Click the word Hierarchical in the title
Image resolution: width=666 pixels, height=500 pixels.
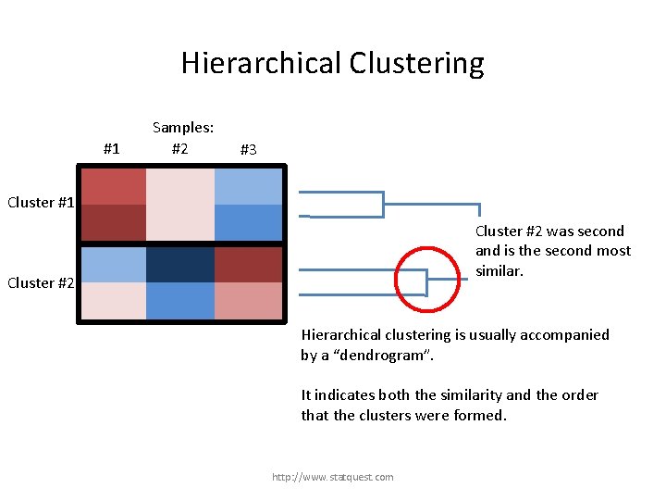(x=262, y=64)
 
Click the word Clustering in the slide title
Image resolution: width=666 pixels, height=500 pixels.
(x=416, y=64)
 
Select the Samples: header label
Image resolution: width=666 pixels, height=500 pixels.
(x=183, y=128)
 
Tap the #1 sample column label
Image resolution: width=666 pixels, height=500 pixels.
(x=112, y=148)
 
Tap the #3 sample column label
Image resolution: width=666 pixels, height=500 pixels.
(x=248, y=150)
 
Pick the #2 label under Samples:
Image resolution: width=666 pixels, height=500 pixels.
(x=180, y=148)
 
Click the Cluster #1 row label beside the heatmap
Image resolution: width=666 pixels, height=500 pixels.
(x=40, y=203)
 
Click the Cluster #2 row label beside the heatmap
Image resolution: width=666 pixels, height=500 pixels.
(x=40, y=283)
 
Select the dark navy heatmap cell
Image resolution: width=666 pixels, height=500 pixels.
(x=180, y=264)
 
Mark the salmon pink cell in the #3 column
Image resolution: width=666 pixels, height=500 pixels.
(x=248, y=301)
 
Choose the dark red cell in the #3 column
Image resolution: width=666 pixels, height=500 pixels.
(x=248, y=264)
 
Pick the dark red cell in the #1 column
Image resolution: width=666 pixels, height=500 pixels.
(x=113, y=222)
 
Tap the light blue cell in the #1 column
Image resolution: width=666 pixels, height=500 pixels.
(x=113, y=264)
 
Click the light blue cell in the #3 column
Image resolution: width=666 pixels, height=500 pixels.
(x=248, y=185)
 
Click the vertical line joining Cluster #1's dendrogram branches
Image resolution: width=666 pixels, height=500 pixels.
(x=383, y=204)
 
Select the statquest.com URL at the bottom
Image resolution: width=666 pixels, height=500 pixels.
(x=332, y=477)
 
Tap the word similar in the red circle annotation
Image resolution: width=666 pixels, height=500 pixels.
(x=499, y=270)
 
